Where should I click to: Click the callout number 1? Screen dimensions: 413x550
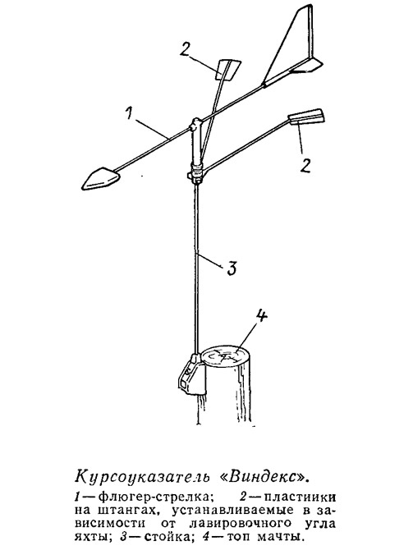click(x=129, y=113)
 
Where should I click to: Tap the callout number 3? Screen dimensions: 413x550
click(x=230, y=268)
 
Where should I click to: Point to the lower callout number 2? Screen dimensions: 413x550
click(x=305, y=164)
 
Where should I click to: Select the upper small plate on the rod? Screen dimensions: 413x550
click(x=227, y=70)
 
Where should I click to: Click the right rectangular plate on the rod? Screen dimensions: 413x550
click(x=305, y=117)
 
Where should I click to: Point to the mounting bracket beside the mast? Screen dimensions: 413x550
click(x=191, y=376)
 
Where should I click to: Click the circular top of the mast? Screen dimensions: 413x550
click(x=225, y=357)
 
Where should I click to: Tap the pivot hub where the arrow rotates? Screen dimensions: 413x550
click(x=195, y=126)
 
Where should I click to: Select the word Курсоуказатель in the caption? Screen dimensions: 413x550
click(x=143, y=478)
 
